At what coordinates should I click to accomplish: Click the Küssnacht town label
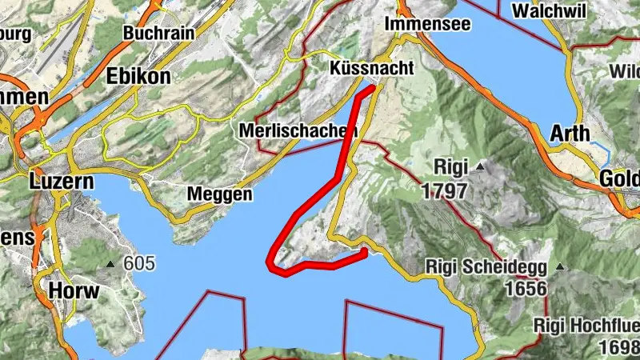pos(372,69)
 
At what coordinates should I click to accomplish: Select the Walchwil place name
pos(546,11)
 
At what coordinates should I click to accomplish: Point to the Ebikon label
pos(138,76)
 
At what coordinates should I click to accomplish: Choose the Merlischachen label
pos(298,130)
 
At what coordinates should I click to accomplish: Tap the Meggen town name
pos(219,194)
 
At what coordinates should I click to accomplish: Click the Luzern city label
pos(61,181)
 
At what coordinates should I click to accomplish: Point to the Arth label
pos(570,134)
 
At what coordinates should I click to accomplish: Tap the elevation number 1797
pos(446,192)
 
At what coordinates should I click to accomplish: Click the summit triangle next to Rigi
pos(480,166)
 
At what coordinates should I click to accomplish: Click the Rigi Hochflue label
pos(588,326)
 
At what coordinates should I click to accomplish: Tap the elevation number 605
pos(139,264)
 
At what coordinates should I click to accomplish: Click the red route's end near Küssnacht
pos(372,87)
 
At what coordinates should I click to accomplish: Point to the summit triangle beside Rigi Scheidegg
pos(560,266)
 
